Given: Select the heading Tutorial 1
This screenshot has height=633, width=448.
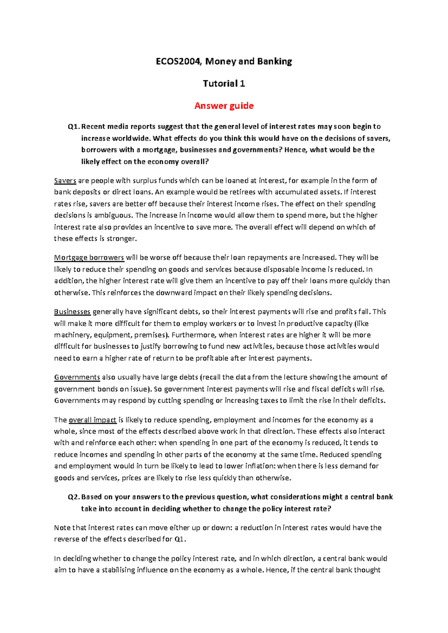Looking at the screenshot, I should coord(224,84).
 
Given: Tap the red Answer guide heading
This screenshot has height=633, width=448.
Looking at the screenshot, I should coord(224,106).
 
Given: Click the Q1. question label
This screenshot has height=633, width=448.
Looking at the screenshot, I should coord(74,127).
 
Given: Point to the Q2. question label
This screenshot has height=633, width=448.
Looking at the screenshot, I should coord(74,497).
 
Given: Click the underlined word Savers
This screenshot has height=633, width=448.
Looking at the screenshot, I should coord(65,181).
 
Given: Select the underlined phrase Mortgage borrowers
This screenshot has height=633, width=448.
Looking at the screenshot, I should coord(89,258).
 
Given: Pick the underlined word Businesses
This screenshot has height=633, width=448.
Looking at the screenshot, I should coord(72,312).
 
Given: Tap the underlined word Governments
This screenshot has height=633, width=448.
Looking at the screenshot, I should coord(77,377).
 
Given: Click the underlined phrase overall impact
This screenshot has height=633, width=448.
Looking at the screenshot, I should coord(93,420).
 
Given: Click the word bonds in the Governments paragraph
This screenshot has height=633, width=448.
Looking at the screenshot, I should coord(108,389).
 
